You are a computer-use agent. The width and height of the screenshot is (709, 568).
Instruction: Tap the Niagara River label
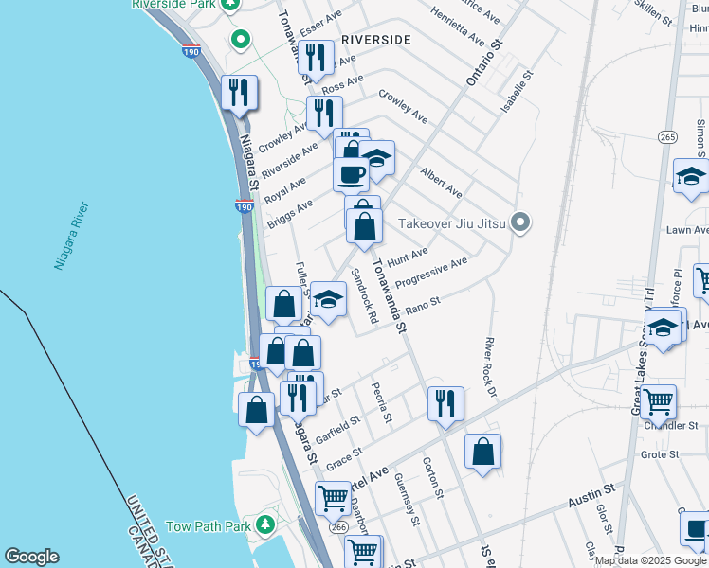[x=72, y=236]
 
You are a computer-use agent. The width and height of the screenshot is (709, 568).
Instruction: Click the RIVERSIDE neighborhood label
[x=376, y=40]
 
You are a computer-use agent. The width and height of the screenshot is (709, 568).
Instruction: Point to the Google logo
[x=31, y=557]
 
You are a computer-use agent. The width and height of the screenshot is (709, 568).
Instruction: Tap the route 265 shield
[x=668, y=137]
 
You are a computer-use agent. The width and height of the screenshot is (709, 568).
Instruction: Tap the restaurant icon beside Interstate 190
[x=240, y=93]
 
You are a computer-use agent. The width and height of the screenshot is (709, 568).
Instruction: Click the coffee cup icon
[x=351, y=174]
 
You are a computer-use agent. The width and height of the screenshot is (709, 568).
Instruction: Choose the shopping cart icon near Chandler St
[x=658, y=400]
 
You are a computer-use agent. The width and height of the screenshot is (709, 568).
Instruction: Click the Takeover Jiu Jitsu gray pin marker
[x=519, y=223]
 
